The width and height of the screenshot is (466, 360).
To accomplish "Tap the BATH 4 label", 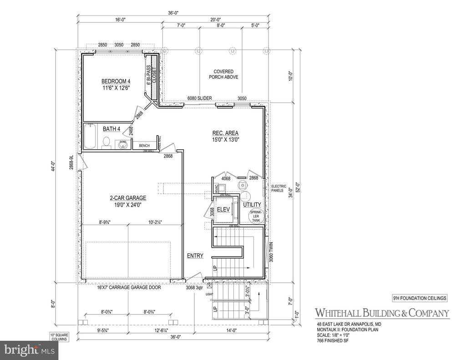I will pyautogui.click(x=111, y=129).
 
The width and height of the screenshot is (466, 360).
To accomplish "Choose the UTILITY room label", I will pyautogui.click(x=251, y=205).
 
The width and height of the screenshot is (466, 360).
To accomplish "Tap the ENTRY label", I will pyautogui.click(x=195, y=256).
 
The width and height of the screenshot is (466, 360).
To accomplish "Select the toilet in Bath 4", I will pyautogui.click(x=106, y=144).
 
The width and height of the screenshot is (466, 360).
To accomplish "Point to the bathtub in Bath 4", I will pyautogui.click(x=89, y=137).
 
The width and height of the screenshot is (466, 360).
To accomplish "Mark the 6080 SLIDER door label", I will pyautogui.click(x=199, y=98).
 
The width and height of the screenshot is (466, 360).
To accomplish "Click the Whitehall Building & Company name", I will pyautogui.click(x=382, y=313).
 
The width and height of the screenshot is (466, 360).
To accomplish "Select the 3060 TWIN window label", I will pyautogui.click(x=269, y=257).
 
